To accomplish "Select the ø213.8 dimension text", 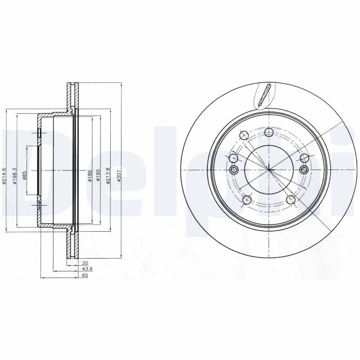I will [108, 175].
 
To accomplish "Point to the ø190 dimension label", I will [97, 175].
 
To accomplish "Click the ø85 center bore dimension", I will [25, 175].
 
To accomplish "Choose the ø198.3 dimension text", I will [15, 175].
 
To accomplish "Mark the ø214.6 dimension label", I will [4, 175].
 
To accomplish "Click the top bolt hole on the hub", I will [269, 132].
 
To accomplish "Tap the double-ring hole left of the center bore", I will [234, 170].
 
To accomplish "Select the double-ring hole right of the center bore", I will [304, 170].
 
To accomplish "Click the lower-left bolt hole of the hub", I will [247, 200].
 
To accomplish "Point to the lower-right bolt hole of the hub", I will [291, 200].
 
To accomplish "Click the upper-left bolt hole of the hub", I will [243, 135].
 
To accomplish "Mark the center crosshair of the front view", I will [269, 170].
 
